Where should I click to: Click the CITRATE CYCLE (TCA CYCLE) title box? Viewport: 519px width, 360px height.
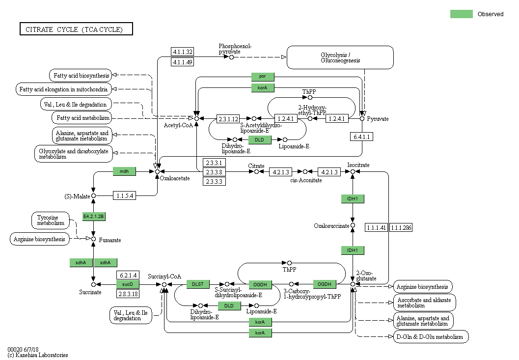[x=76, y=29]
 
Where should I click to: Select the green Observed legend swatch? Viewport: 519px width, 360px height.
[x=461, y=14]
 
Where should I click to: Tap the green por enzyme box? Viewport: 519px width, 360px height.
[x=263, y=77]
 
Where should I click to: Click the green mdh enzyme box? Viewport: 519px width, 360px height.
[x=124, y=171]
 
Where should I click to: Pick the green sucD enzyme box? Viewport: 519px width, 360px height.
[x=128, y=284]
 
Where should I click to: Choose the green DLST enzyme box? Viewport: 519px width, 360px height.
[x=198, y=284]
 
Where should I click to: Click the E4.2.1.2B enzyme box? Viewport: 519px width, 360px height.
[x=94, y=217]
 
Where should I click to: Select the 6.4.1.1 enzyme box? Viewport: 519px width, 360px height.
[x=362, y=137]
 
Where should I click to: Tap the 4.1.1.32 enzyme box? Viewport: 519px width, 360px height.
[x=182, y=52]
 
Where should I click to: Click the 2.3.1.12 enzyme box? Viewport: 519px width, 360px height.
[x=228, y=118]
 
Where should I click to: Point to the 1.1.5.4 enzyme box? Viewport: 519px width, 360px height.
[x=125, y=195]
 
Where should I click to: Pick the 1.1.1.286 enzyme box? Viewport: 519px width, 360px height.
[x=401, y=227]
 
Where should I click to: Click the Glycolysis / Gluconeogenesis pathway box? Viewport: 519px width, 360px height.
[x=340, y=57]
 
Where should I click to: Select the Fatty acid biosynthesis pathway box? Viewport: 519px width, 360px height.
[x=80, y=75]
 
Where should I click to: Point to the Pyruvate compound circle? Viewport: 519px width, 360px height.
[x=362, y=118]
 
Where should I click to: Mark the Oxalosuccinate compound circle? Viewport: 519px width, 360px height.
[x=352, y=226]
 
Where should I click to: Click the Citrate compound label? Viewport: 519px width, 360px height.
[x=256, y=166]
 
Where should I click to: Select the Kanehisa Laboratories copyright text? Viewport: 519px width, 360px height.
[x=38, y=355]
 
